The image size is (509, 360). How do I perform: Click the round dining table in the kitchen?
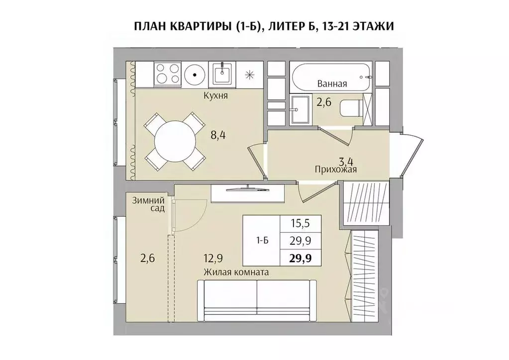coord(174,141)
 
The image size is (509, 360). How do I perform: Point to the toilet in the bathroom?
coord(351,107)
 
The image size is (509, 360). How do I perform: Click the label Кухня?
coord(215,96)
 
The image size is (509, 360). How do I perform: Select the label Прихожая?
coord(336,170)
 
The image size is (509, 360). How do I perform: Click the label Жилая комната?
coord(236,272)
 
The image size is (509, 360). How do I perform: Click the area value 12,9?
coord(212,258)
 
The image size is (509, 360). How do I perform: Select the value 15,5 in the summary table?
coord(301,224)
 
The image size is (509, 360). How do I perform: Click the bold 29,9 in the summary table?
coord(301,258)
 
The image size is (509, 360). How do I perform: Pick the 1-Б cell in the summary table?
coord(262,241)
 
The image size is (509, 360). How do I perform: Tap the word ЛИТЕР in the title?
coord(287,26)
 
